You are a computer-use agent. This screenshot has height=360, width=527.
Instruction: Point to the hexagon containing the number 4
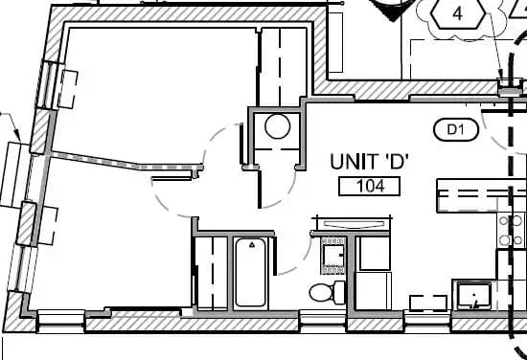click(458, 13)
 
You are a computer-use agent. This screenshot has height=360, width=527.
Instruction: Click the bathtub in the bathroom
click(250, 273)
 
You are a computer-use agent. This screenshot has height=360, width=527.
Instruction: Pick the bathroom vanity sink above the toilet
click(334, 254)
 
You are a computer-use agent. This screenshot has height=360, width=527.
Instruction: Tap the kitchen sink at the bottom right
click(473, 294)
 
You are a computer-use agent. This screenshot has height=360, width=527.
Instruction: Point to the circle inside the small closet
click(278, 126)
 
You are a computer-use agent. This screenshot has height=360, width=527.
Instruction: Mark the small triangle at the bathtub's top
click(251, 245)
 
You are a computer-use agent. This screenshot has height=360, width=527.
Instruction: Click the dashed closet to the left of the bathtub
click(210, 273)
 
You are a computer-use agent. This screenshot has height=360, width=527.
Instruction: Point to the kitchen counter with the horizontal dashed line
click(479, 194)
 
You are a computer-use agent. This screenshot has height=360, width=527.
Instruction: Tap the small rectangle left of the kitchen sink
click(425, 302)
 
